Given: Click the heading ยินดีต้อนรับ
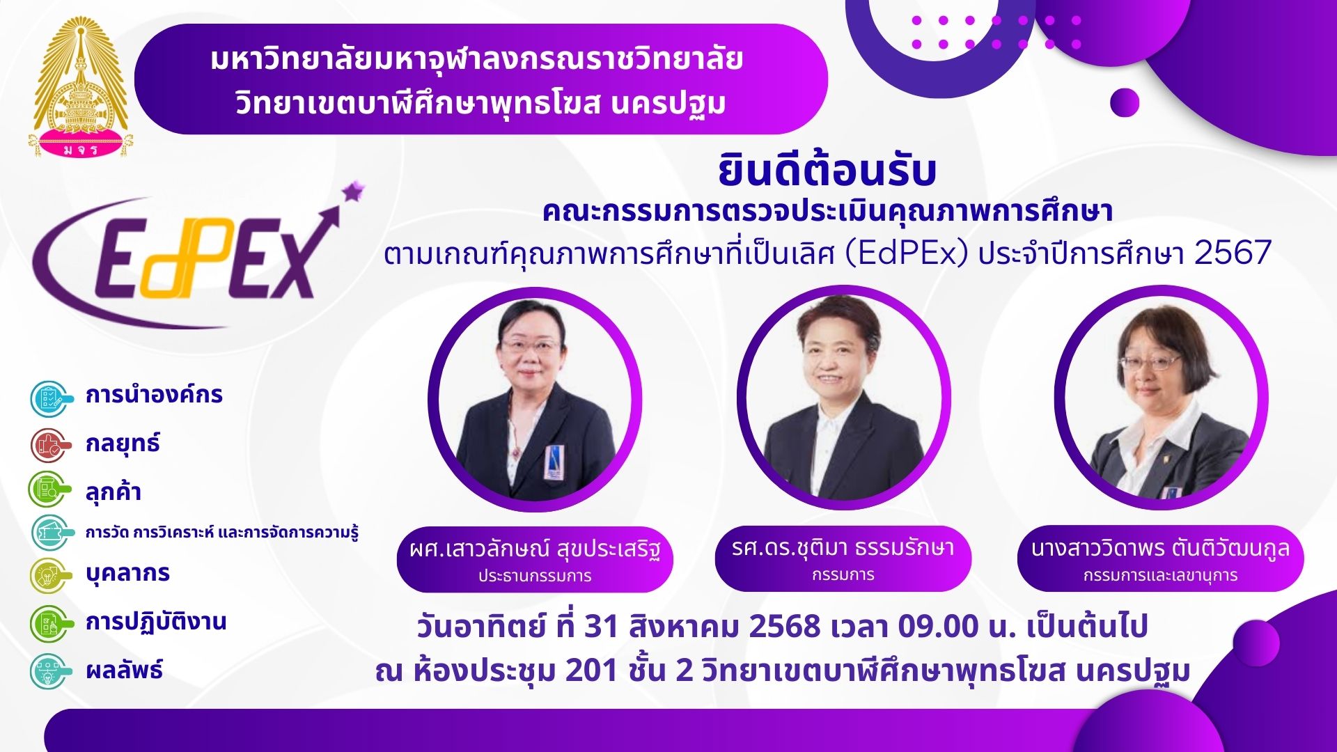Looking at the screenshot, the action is [x=827, y=172].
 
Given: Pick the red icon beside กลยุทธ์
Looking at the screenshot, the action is [x=51, y=446].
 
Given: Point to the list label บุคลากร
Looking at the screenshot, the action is [x=127, y=573].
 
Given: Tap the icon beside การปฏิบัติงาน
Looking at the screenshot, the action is [x=51, y=623].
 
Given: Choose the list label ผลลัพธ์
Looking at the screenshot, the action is [x=124, y=670].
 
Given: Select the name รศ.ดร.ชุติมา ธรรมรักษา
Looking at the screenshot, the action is [x=843, y=548].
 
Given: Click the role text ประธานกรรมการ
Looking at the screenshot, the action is [x=535, y=576].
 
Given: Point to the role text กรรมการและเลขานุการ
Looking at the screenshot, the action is [x=1160, y=575].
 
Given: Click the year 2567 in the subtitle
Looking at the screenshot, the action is [x=1233, y=252].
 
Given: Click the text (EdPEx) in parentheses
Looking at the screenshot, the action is [x=906, y=253].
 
